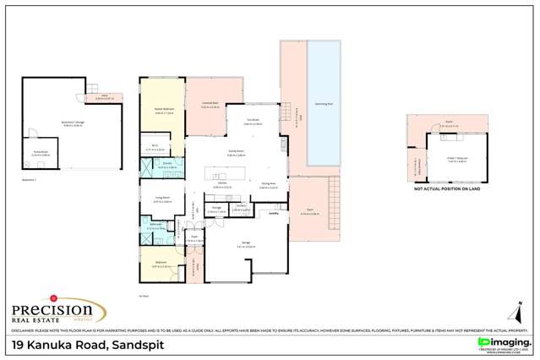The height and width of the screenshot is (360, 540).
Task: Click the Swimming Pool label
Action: click(323, 103)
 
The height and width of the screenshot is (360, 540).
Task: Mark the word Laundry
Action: click(273, 214)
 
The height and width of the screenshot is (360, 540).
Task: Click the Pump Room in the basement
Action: click(30, 153)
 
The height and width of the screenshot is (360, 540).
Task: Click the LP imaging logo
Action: click(504, 341)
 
